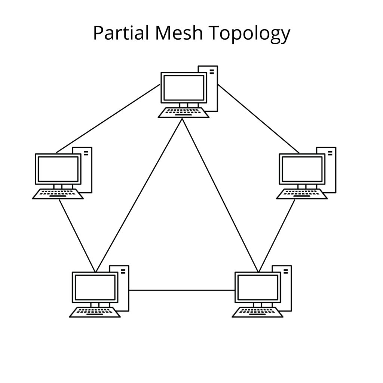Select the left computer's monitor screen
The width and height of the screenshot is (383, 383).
point(58,169)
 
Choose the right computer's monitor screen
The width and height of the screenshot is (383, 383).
point(302,169)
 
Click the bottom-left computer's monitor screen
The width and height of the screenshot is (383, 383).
point(95,287)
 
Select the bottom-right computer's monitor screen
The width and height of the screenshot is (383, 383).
point(257,287)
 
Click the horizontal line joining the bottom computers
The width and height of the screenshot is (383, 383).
point(181,290)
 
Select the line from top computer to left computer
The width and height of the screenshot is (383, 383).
point(108,119)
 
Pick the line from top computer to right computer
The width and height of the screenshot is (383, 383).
point(258,119)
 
